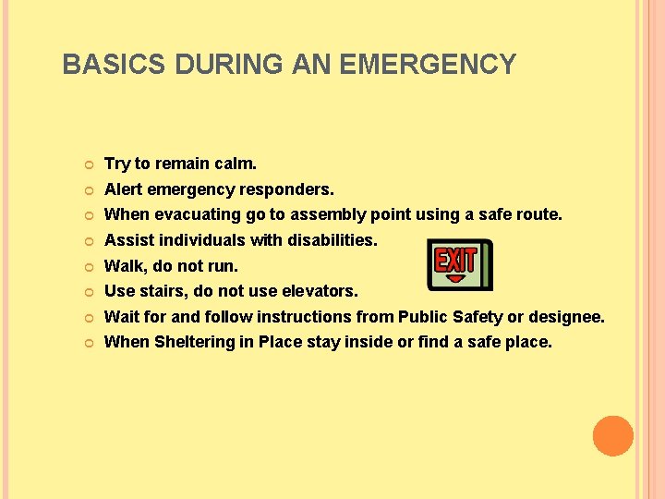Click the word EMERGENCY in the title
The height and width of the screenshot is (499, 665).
tap(428, 65)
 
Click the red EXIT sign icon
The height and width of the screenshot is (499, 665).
tap(459, 265)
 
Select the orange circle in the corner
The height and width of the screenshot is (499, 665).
tap(613, 436)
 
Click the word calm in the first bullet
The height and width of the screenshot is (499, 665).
tap(235, 164)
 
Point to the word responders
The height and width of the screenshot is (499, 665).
tap(287, 189)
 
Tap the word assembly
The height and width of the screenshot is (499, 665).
tap(328, 214)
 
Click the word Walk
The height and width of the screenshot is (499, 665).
tap(123, 266)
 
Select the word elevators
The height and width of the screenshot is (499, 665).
tap(319, 291)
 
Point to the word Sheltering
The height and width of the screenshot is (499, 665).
tap(194, 342)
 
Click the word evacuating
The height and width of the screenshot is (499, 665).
tap(194, 214)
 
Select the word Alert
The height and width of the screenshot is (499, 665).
tap(124, 189)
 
